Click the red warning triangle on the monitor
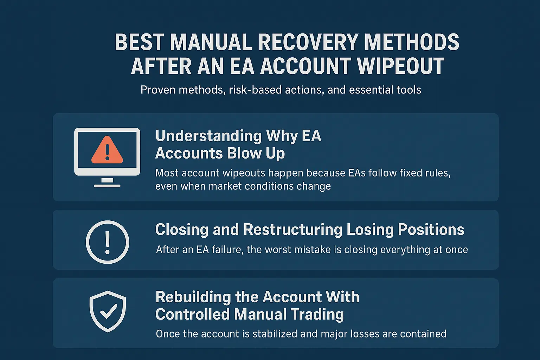pyautogui.click(x=107, y=150)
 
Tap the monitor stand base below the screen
pyautogui.click(x=107, y=185)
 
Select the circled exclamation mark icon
pyautogui.click(x=108, y=242)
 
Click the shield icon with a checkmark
pyautogui.click(x=108, y=311)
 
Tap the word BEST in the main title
pyautogui.click(x=139, y=42)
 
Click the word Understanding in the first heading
pyautogui.click(x=208, y=136)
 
